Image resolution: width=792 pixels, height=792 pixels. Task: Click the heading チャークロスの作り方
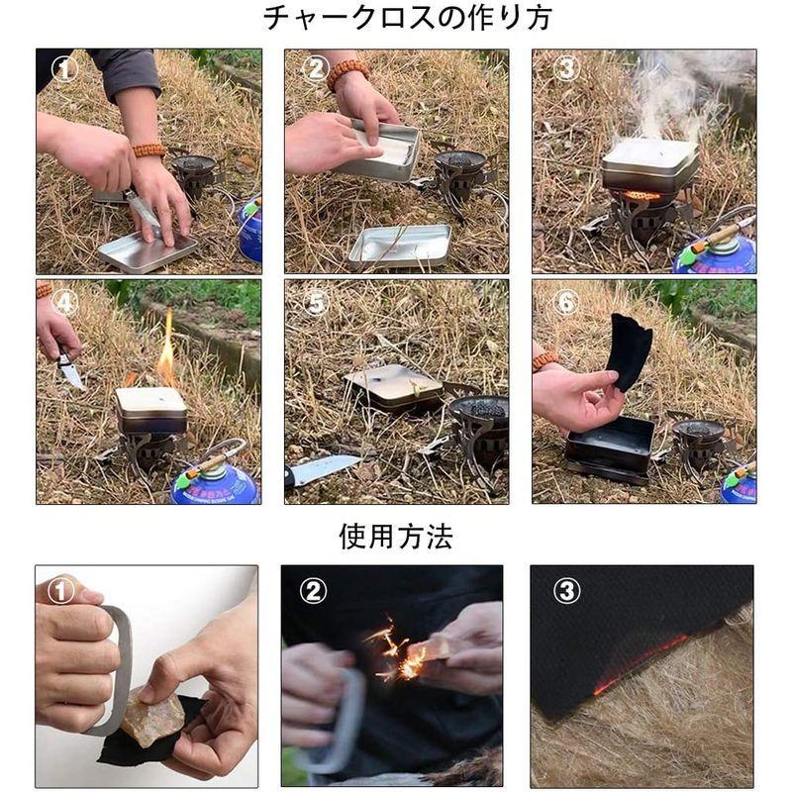pyautogui.click(x=407, y=18)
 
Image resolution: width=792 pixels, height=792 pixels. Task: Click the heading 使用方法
pyautogui.click(x=395, y=536)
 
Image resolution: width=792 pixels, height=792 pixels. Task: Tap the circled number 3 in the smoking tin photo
pyautogui.click(x=565, y=67)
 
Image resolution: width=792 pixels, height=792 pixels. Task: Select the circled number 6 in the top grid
pyautogui.click(x=565, y=302)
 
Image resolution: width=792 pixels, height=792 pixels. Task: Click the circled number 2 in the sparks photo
pyautogui.click(x=313, y=590)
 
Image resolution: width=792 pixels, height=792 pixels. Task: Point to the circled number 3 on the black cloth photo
pyautogui.click(x=566, y=590)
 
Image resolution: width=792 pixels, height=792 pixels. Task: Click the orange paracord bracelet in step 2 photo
pyautogui.click(x=347, y=73)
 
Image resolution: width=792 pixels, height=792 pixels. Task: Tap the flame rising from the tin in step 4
pyautogui.click(x=166, y=348)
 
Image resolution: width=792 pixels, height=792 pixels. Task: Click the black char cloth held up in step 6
pyautogui.click(x=631, y=351)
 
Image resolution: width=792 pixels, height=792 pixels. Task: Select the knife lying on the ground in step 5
pyautogui.click(x=324, y=470)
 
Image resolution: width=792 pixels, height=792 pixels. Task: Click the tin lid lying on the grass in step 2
pyautogui.click(x=400, y=247)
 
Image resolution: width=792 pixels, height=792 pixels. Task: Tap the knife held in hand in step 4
pyautogui.click(x=69, y=369)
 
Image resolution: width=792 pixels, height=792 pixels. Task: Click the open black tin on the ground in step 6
pyautogui.click(x=610, y=448)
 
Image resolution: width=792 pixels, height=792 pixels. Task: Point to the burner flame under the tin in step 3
pyautogui.click(x=642, y=195)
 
